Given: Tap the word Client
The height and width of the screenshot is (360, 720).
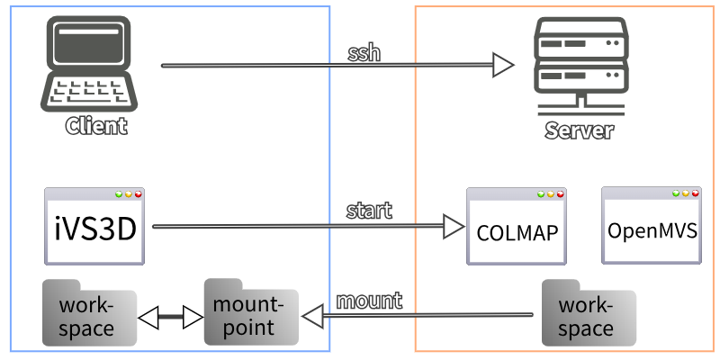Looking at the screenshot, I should pyautogui.click(x=96, y=125).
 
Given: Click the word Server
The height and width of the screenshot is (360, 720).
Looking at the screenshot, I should pyautogui.click(x=579, y=130).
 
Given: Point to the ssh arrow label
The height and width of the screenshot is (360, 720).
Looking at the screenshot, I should pyautogui.click(x=364, y=52).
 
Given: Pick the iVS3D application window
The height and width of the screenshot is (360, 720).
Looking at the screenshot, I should pyautogui.click(x=94, y=227).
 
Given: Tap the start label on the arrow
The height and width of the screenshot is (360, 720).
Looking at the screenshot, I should pyautogui.click(x=369, y=211).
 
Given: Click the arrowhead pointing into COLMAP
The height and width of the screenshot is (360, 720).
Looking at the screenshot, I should pyautogui.click(x=452, y=227).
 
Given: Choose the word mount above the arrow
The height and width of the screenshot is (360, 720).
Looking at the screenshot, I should pyautogui.click(x=369, y=300).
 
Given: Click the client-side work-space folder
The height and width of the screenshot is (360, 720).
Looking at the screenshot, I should pyautogui.click(x=89, y=313).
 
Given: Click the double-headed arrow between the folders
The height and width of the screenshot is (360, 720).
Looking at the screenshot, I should pyautogui.click(x=170, y=317).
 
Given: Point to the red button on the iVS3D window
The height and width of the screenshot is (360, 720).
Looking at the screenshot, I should pyautogui.click(x=139, y=194).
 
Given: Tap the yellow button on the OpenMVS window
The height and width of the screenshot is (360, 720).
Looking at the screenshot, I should pyautogui.click(x=686, y=193).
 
